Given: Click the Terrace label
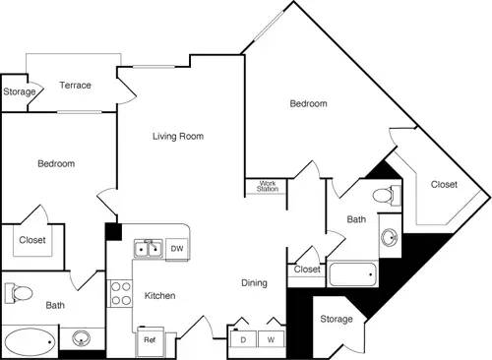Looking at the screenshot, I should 75,86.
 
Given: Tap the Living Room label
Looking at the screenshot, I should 177,137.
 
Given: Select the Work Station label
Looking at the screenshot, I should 267,185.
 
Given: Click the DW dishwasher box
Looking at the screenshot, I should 178,249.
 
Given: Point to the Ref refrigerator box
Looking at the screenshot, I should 150,340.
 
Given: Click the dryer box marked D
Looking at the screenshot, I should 242,339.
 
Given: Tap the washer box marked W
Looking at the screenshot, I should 270,339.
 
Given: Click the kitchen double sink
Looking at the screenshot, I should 149,249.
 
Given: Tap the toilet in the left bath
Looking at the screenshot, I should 19,293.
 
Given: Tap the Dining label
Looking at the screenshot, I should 254,283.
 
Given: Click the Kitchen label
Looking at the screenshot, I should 160,295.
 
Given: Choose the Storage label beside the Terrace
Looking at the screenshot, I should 19,92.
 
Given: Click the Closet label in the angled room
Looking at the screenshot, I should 444,184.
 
